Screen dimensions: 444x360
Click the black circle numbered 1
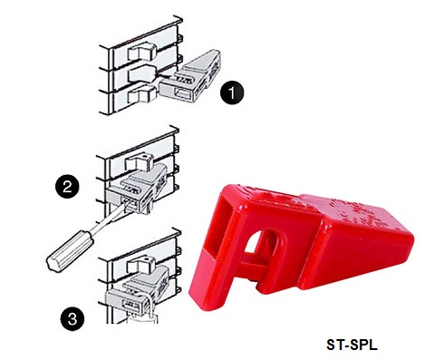pos(232,93)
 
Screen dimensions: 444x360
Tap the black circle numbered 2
pos(67,187)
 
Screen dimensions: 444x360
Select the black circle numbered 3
pos(72,318)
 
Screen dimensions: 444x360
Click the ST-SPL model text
pos(352,345)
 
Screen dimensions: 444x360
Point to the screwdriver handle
pos(70,251)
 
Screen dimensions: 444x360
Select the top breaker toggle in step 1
pos(141,52)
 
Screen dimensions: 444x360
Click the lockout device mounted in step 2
pos(139,188)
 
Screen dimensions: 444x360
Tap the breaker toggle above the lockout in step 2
pos(140,162)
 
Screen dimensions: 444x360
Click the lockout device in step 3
pos(138,290)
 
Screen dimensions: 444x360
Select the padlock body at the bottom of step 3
pos(142,319)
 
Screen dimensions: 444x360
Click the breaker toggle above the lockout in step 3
pos(141,266)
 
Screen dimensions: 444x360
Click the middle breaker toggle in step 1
pos(142,73)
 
